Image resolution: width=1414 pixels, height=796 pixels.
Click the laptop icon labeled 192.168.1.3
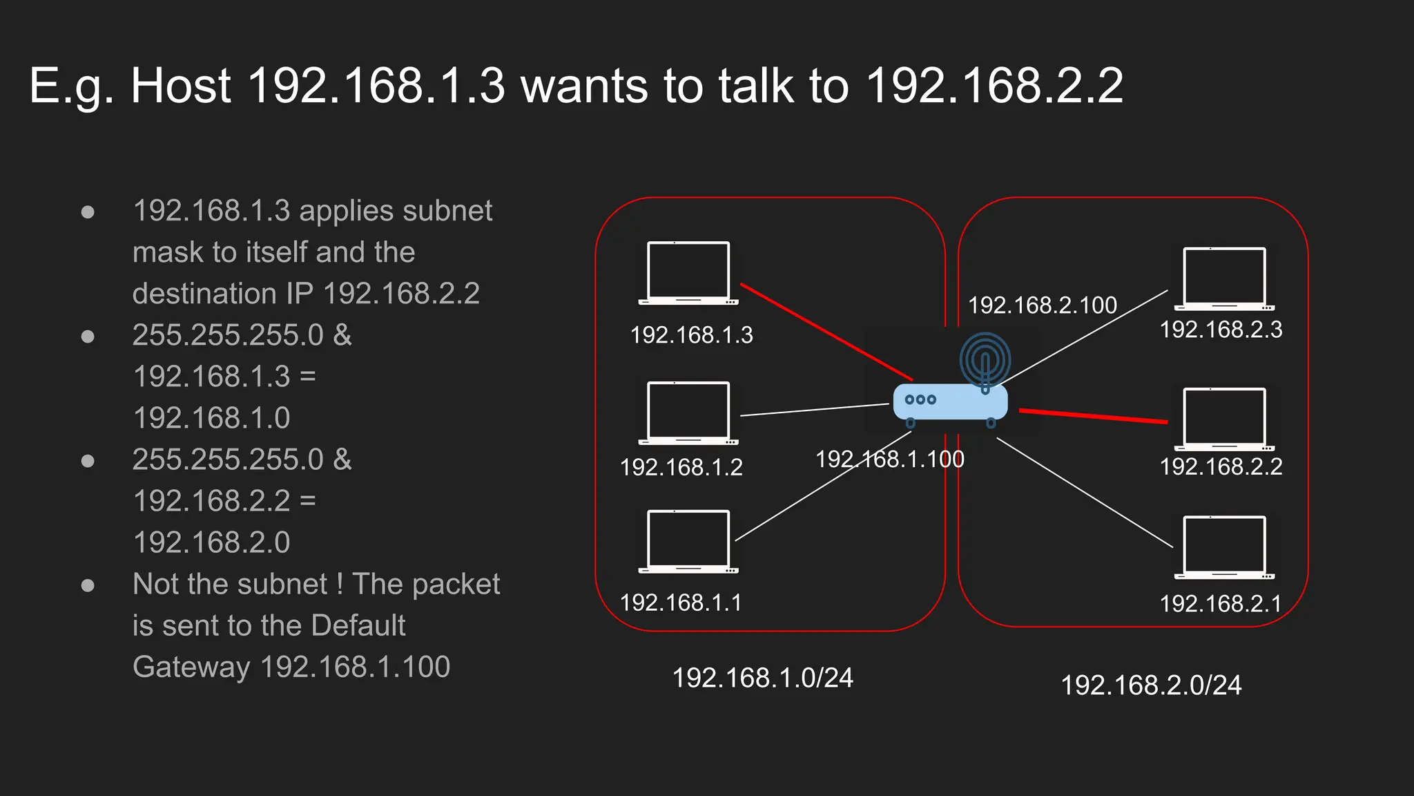(688, 272)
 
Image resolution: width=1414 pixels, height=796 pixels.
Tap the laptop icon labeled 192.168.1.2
(688, 413)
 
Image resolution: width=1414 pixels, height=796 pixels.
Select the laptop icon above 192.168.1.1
(688, 541)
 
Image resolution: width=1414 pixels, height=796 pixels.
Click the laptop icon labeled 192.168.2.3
(1224, 278)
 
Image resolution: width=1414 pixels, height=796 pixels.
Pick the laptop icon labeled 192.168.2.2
(1224, 419)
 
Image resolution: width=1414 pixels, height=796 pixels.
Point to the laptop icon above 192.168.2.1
(1224, 547)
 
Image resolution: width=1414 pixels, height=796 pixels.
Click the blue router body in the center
(951, 402)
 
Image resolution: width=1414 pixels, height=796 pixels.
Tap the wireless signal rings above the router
(985, 358)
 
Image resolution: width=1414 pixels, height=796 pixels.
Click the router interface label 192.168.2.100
(1042, 305)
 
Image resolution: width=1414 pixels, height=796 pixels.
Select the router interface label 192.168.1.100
(889, 459)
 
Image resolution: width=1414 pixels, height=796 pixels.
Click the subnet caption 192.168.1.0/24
(762, 678)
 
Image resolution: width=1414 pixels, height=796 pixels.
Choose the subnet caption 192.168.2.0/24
(1151, 685)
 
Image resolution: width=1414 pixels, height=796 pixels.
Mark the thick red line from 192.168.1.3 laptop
(826, 332)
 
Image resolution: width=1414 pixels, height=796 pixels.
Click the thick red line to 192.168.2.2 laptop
(1093, 416)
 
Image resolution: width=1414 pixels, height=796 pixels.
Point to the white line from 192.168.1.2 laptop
(814, 410)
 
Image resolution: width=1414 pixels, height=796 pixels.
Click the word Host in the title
(181, 86)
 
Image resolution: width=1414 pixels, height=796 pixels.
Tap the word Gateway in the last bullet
(191, 667)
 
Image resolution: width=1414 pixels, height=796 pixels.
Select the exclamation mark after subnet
(340, 585)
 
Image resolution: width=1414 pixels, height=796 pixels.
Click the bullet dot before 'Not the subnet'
(88, 586)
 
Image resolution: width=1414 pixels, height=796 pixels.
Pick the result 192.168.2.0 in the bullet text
(211, 542)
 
